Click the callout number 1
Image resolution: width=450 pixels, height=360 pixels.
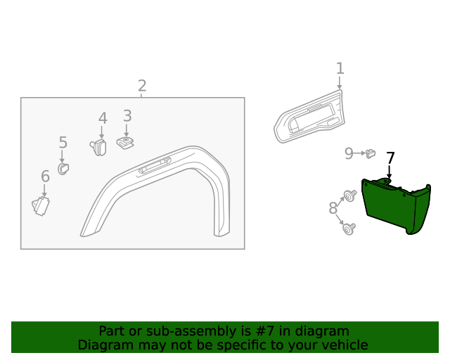point(340,68)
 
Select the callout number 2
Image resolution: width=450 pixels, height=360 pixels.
point(142,86)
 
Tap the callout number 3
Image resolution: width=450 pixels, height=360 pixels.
point(127,115)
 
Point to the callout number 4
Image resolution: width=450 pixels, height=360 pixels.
point(103,118)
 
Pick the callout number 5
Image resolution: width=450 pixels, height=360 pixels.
point(63,143)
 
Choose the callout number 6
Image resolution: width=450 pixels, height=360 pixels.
point(45,176)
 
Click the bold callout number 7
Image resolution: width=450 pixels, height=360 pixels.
point(390,158)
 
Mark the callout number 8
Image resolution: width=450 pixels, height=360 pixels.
point(333,208)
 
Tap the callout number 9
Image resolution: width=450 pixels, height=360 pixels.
point(349,153)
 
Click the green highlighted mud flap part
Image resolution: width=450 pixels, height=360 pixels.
point(394,207)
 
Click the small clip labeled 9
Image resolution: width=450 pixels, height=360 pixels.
point(371,153)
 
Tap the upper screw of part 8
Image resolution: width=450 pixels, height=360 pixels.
point(348,195)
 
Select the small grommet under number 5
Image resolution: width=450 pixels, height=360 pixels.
point(63,169)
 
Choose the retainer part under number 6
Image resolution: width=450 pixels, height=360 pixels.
point(41,205)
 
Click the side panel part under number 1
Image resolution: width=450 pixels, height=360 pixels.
point(309,120)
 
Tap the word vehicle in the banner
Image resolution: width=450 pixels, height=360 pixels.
point(342,345)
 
